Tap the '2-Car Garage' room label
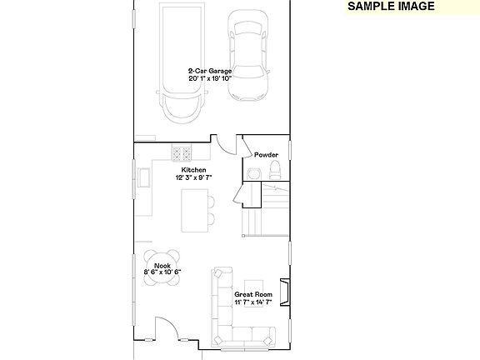(x=209, y=71)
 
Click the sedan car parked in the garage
(x=249, y=62)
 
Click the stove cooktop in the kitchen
(x=182, y=153)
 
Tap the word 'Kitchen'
(x=193, y=170)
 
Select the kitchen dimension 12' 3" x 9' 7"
(x=193, y=177)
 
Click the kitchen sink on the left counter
(x=143, y=178)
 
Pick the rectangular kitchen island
(x=192, y=212)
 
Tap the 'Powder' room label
(x=266, y=155)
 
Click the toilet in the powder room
(x=275, y=171)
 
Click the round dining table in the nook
(x=162, y=267)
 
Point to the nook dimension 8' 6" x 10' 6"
(x=162, y=272)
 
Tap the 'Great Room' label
(x=252, y=294)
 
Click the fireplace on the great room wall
(x=286, y=292)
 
